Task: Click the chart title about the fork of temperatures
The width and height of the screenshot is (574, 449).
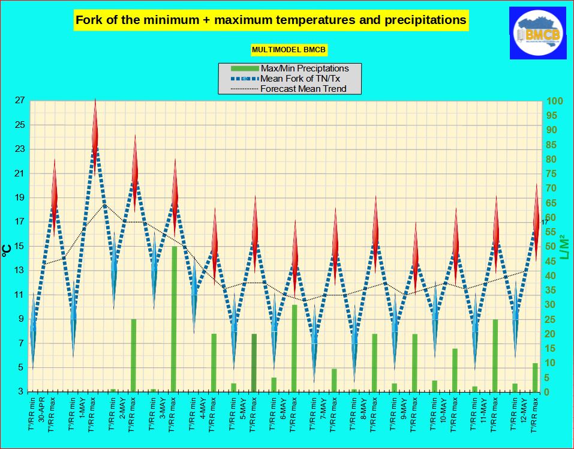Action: (x=271, y=20)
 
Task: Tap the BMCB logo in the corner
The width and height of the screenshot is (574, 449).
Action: (x=538, y=33)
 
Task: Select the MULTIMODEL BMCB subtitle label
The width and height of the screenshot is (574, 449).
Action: (x=288, y=49)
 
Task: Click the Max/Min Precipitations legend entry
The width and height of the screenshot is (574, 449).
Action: (x=303, y=68)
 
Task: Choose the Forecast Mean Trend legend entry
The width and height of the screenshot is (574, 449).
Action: (x=303, y=89)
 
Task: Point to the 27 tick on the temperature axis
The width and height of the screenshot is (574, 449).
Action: (x=19, y=101)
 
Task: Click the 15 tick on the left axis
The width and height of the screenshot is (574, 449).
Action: (x=19, y=246)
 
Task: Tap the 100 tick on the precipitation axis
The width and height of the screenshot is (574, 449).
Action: (x=554, y=101)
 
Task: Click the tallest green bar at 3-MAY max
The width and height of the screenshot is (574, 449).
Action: (x=175, y=319)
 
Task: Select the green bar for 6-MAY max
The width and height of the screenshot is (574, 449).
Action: (x=294, y=348)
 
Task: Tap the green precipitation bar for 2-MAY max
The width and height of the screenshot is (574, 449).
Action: (x=134, y=355)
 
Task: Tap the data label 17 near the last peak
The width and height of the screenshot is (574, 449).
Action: (x=545, y=223)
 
